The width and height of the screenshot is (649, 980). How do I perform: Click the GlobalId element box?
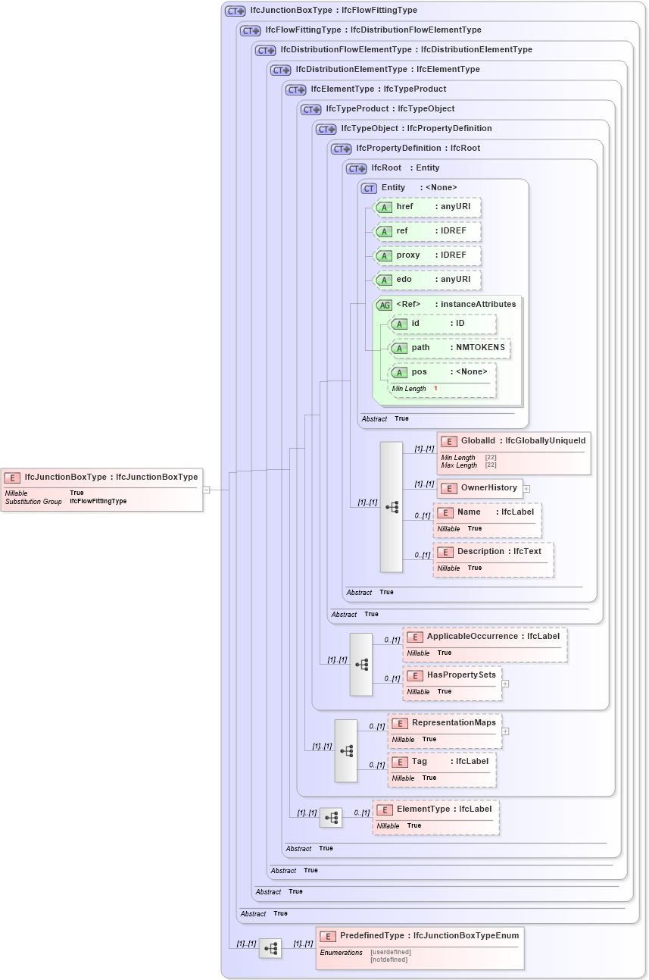point(513,452)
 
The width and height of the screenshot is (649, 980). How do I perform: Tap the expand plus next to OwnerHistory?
point(526,489)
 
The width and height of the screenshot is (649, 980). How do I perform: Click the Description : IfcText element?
point(493,559)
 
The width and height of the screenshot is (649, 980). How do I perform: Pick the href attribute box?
point(429,207)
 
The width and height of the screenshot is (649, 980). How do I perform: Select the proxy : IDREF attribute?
point(429,255)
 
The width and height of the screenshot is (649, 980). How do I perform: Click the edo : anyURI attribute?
point(429,280)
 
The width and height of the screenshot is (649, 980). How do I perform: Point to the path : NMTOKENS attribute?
point(449,348)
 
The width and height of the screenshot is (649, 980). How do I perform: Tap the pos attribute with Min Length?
point(442,380)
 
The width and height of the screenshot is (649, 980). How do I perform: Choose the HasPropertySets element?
point(451,683)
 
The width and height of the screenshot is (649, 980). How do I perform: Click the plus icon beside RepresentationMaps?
point(505,731)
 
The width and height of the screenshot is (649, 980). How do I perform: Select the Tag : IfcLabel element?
point(442,769)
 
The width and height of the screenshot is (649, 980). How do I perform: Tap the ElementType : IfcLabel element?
point(435,817)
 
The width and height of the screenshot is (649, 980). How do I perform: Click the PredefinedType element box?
point(420,947)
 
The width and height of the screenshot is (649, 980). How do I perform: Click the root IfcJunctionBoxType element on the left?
point(102,489)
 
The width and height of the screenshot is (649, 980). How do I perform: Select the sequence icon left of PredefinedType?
point(270,948)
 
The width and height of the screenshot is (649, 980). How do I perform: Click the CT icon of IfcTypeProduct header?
point(311,109)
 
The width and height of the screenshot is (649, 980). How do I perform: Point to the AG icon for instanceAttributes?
point(385,305)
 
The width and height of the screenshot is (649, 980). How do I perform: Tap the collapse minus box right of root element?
point(206,490)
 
